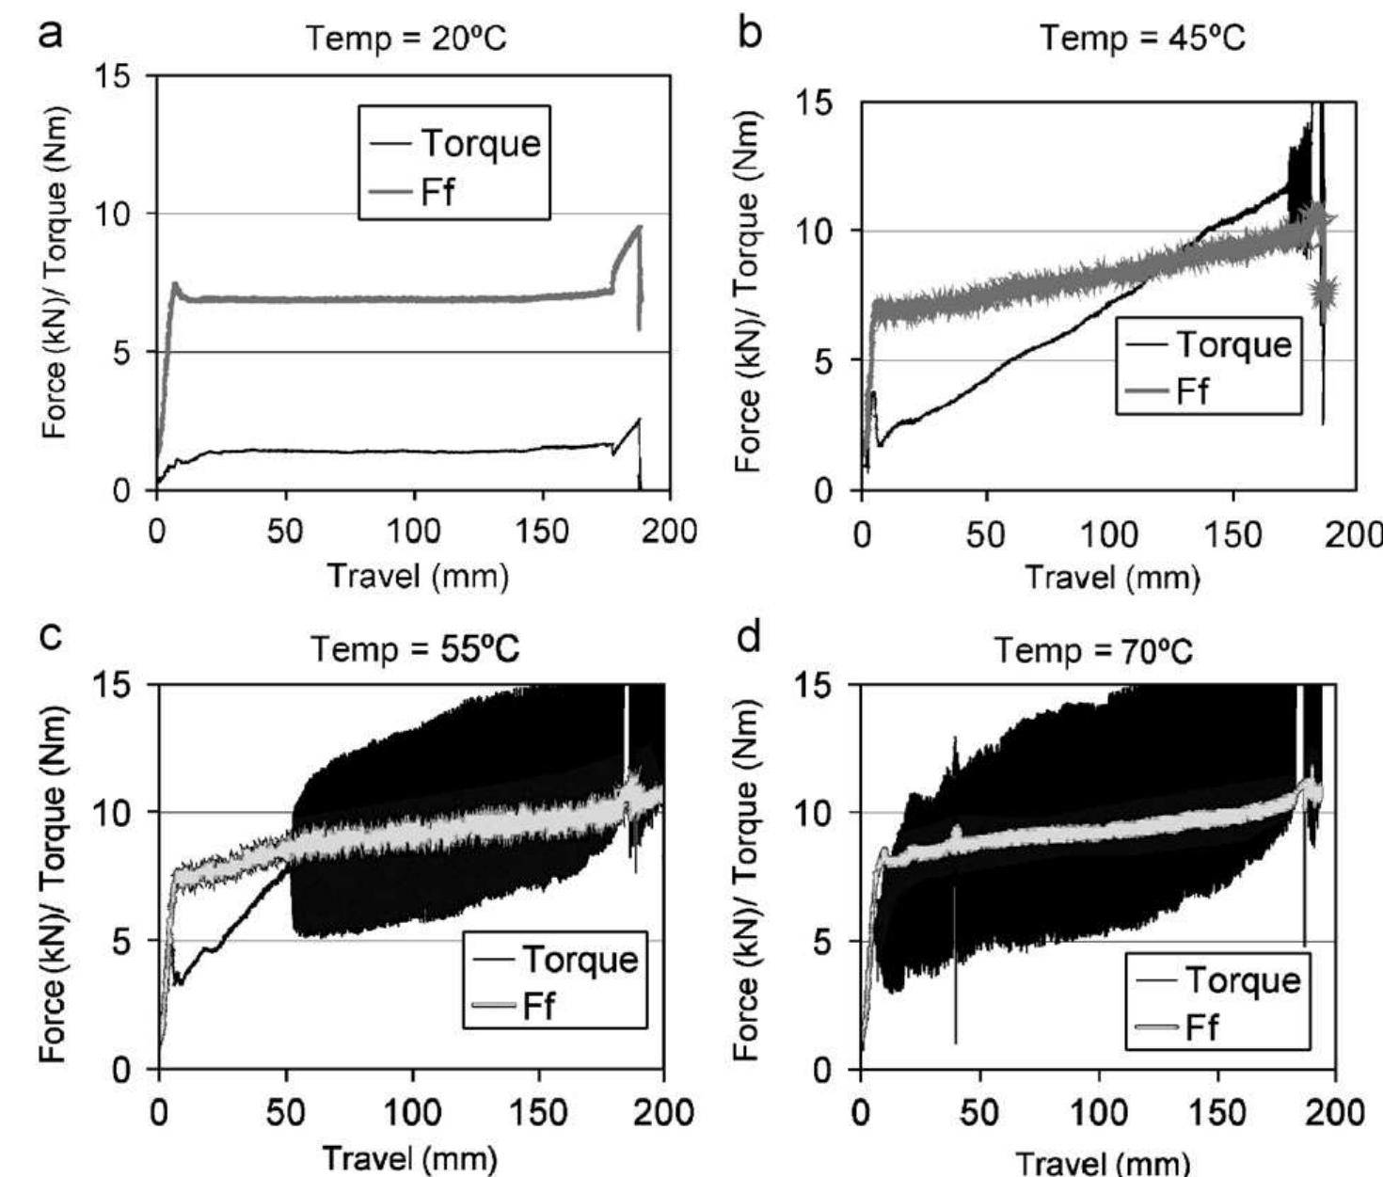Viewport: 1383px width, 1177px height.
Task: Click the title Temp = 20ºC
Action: pos(406,39)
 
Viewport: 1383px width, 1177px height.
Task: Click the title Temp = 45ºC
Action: pos(1142,39)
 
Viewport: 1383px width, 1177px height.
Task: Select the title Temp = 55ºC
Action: pos(415,649)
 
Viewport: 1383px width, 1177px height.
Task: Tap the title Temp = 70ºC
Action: pos(1093,649)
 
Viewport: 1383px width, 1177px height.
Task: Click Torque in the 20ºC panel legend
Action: pos(480,143)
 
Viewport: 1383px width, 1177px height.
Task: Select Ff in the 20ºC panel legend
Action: pos(437,192)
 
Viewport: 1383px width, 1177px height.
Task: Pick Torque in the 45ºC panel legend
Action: pos(1233,344)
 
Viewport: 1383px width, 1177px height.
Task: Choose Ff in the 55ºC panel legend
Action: pos(538,1006)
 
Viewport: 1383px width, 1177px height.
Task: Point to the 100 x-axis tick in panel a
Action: pos(414,532)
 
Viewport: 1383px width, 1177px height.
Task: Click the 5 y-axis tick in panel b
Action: pos(824,360)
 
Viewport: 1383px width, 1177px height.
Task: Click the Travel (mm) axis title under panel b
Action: pos(1111,576)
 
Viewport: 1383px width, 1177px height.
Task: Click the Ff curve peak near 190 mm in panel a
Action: pos(640,226)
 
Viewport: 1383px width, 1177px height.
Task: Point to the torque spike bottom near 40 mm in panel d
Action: pos(955,1041)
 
